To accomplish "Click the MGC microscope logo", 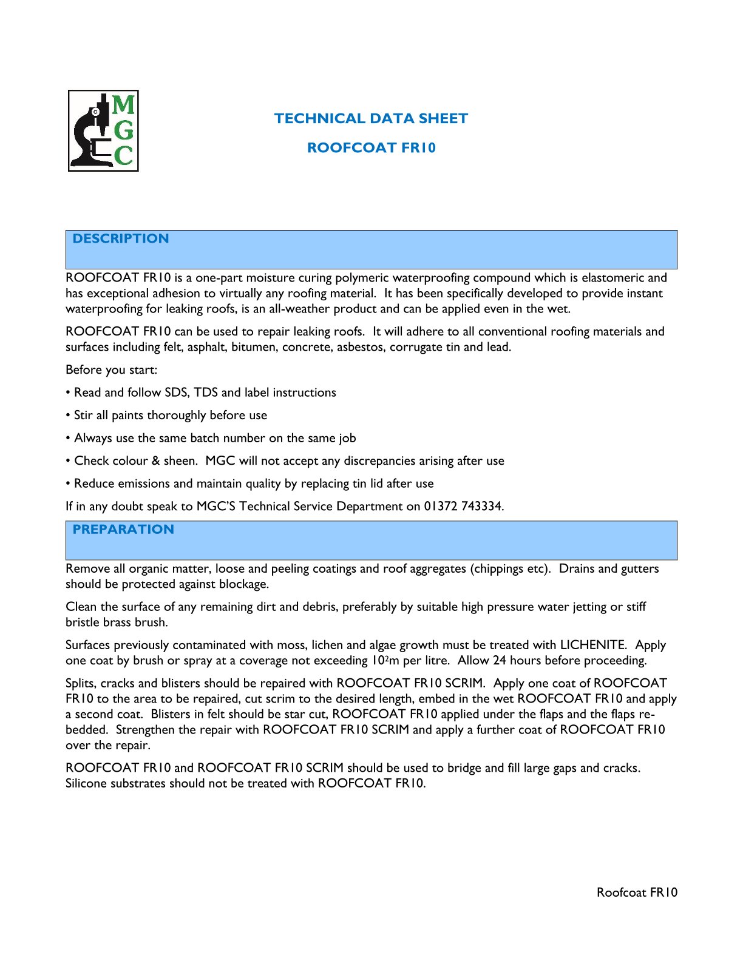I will click(x=103, y=130).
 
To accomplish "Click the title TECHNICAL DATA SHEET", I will click(x=371, y=118).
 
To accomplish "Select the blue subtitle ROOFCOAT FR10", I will click(x=371, y=147).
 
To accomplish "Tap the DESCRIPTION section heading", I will click(x=120, y=238).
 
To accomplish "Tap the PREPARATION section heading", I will click(x=123, y=529).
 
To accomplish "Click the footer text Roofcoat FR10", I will click(x=637, y=892).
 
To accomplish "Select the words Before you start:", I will click(x=112, y=369).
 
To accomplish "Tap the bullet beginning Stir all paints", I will click(x=170, y=415).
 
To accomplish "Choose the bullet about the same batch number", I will click(x=214, y=438).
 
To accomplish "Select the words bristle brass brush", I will click(x=116, y=622).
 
